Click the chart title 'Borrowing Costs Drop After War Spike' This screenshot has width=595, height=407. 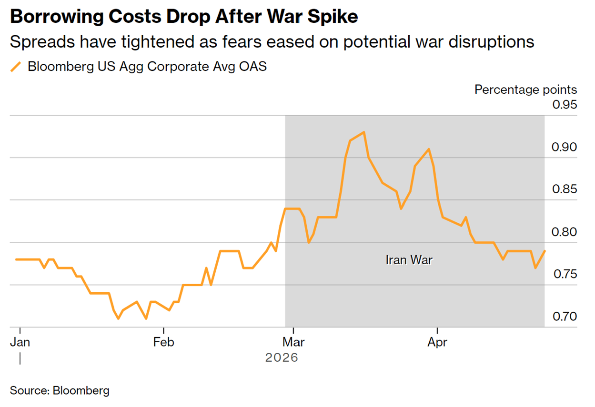pos(183,17)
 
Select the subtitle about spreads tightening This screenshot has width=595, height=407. pos(272,42)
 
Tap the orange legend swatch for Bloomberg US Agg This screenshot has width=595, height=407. pos(16,67)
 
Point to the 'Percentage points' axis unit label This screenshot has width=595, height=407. pos(525,89)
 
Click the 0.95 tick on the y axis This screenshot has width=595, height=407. pos(564,104)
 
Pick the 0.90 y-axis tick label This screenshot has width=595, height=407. pos(564,147)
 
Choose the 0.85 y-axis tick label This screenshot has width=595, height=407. pos(564,189)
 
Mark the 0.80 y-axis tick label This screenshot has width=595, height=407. pos(564,232)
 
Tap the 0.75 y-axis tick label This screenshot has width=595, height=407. pos(564,274)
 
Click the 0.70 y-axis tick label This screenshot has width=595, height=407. pos(564,317)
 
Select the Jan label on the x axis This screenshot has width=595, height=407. pos(20,342)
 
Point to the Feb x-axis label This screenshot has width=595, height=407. pos(164,342)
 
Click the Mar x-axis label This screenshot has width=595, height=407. pos(295,342)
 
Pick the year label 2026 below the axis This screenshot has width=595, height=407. pos(282,357)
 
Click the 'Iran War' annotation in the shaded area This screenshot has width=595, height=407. pos(409,260)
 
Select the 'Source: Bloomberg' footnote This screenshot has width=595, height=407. pos(60,391)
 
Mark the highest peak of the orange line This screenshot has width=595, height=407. pos(364,132)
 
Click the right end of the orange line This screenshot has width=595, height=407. pos(545,251)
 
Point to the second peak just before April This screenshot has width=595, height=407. pos(429,149)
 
